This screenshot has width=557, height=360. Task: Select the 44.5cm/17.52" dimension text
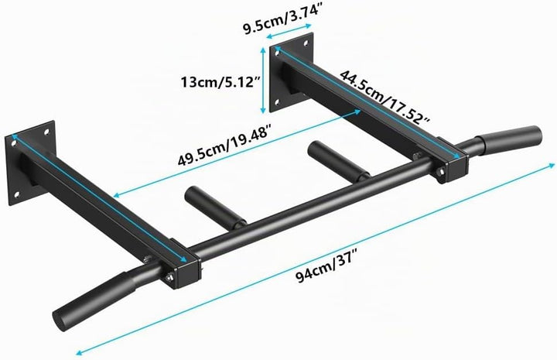click(x=384, y=97)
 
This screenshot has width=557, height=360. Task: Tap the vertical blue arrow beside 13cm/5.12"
click(x=263, y=81)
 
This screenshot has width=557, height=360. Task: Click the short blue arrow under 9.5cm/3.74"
click(x=289, y=30)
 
